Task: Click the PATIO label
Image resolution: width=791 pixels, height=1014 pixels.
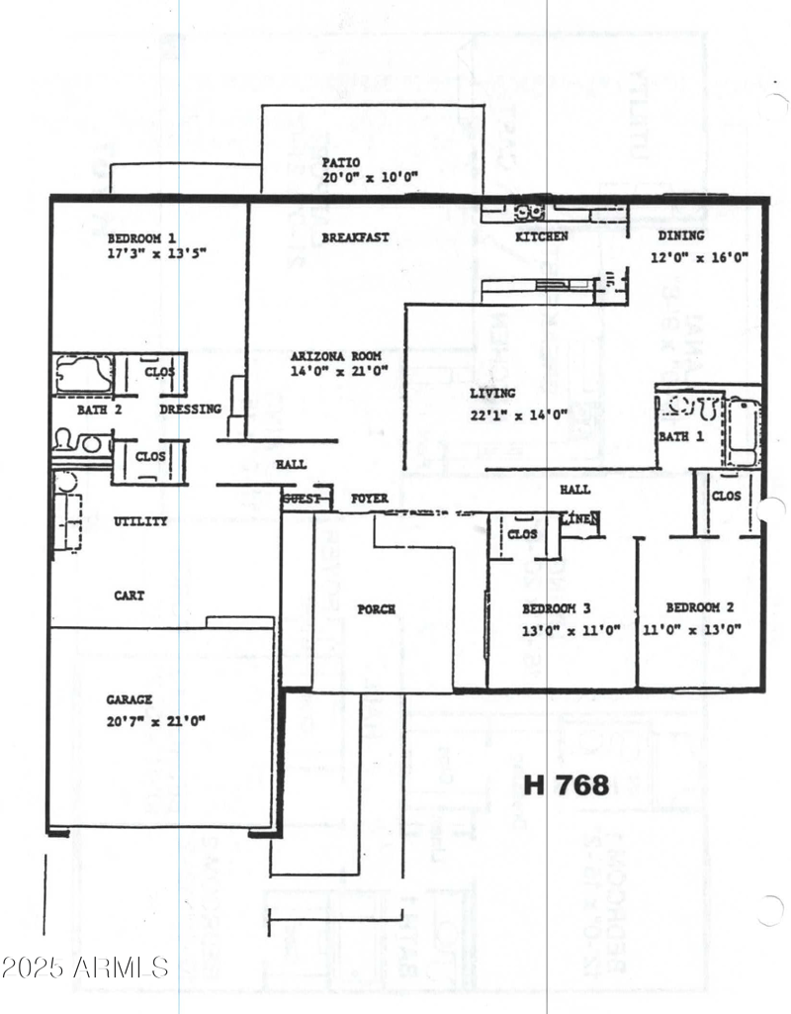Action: pos(341,162)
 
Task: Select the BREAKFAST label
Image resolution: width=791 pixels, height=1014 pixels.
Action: pos(355,237)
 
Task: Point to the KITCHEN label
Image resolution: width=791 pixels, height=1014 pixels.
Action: pos(542,237)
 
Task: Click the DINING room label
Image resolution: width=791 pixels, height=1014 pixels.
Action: pos(681,235)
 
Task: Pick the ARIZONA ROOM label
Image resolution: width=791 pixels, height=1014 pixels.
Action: pos(335,355)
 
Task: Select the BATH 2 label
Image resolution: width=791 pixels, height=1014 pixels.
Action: pos(99,409)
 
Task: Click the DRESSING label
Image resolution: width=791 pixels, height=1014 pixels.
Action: pos(190,409)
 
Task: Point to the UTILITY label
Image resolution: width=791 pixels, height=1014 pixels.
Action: pos(140,521)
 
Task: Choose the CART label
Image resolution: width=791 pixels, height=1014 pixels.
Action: pos(129,596)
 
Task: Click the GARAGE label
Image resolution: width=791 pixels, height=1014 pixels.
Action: pos(130,699)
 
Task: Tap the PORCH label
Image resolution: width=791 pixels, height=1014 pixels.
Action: pos(376,609)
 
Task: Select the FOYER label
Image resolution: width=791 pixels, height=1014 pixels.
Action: pos(370,499)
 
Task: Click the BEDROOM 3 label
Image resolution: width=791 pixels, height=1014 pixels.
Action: pos(558,608)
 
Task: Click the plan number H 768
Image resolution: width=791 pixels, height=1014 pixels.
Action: pos(566,784)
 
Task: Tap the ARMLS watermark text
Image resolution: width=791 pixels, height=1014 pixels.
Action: pos(85,967)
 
